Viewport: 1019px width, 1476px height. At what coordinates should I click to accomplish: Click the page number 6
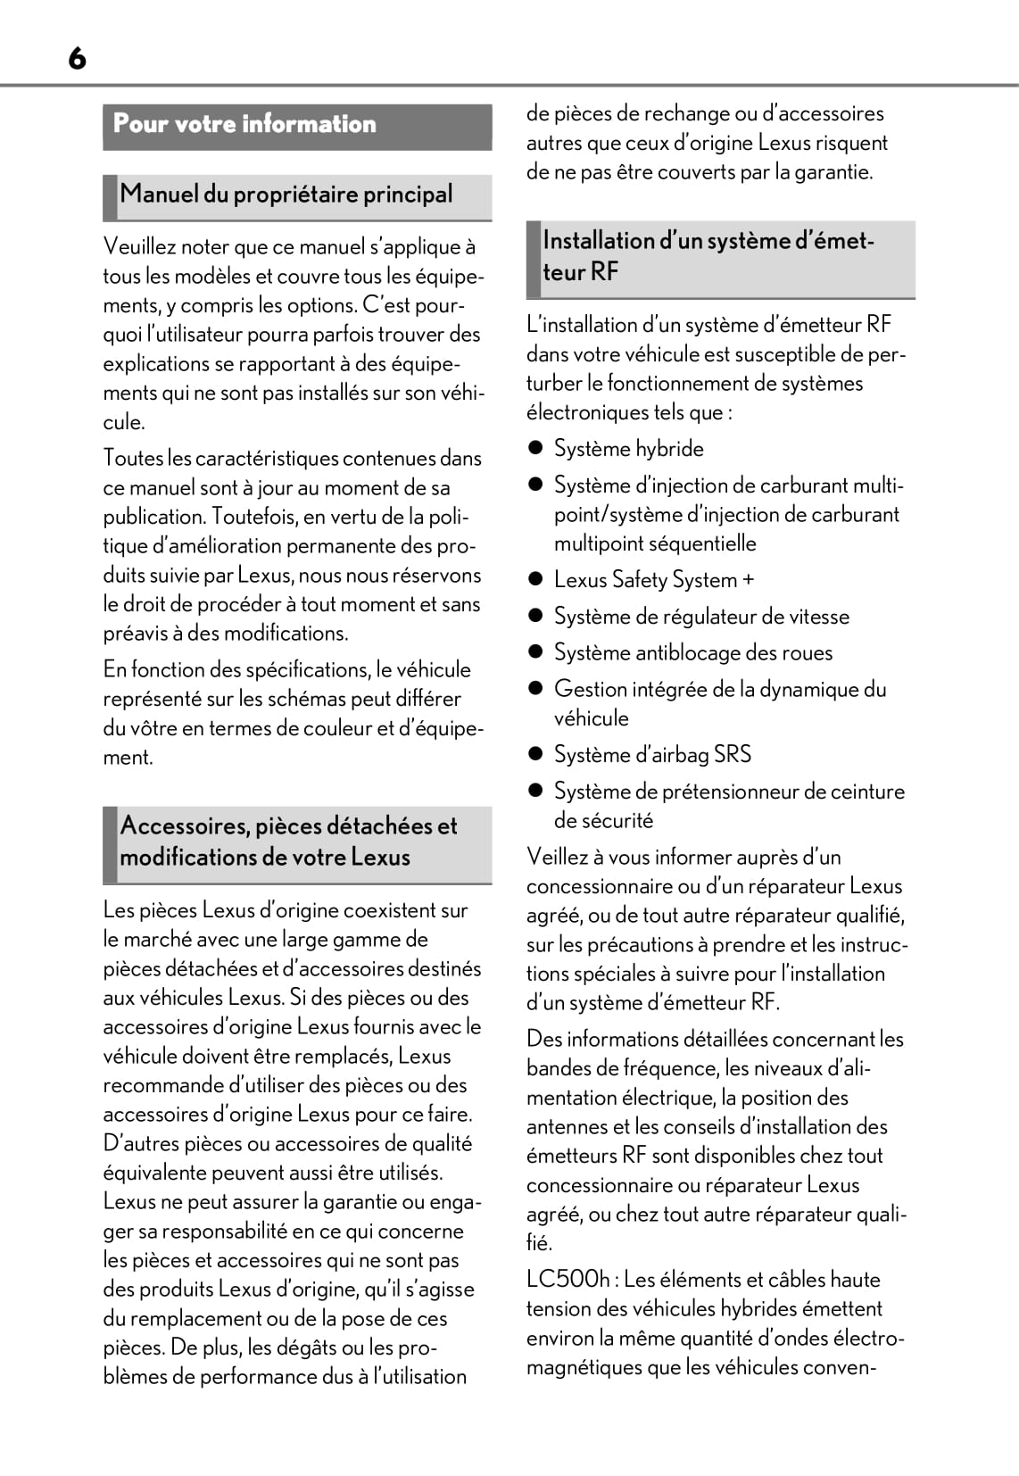point(77,59)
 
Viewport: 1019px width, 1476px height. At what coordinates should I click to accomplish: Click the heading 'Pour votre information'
point(244,124)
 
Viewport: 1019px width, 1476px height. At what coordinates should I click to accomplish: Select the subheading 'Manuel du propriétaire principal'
point(286,195)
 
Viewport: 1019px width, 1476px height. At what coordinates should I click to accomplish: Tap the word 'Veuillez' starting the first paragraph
point(139,247)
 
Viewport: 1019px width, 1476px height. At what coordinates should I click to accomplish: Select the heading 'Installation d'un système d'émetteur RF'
point(708,256)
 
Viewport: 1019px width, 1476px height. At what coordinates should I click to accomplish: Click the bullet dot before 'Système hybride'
point(535,449)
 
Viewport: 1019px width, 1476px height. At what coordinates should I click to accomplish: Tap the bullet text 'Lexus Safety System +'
point(653,580)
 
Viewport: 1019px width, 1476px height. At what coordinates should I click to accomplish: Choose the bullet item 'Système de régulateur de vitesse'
point(701,617)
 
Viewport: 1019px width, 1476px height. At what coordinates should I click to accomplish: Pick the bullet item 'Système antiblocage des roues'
point(692,653)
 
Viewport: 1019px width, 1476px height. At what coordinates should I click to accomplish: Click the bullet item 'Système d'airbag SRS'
point(652,755)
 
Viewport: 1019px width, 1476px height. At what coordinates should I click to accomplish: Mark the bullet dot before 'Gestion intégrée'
point(535,689)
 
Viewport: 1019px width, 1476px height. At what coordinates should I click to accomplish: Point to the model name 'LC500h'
point(567,1280)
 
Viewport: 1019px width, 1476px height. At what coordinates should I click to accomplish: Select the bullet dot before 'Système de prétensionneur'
point(535,792)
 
